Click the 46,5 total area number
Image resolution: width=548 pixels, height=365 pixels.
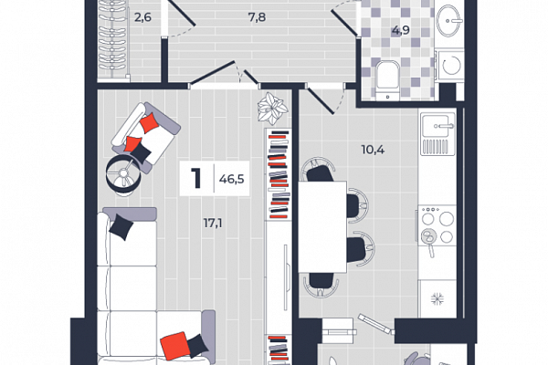click(x=231, y=179)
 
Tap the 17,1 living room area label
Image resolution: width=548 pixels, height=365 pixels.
click(x=213, y=223)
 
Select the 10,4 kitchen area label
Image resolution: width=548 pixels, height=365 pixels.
click(x=373, y=150)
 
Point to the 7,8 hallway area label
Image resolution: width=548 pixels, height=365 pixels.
click(x=257, y=16)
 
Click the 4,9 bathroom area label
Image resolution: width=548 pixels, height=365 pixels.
click(x=401, y=30)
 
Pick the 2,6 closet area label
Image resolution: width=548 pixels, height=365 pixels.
click(x=142, y=16)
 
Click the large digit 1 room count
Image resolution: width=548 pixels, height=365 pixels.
click(x=196, y=178)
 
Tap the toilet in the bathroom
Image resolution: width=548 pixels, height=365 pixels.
click(x=387, y=79)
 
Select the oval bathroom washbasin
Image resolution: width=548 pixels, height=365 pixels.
click(x=449, y=21)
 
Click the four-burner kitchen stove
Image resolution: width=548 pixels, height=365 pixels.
click(x=437, y=224)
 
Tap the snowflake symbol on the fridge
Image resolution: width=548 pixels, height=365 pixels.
click(x=437, y=298)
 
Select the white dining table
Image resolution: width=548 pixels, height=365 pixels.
click(x=322, y=226)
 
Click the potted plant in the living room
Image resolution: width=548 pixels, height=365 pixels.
click(x=272, y=108)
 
